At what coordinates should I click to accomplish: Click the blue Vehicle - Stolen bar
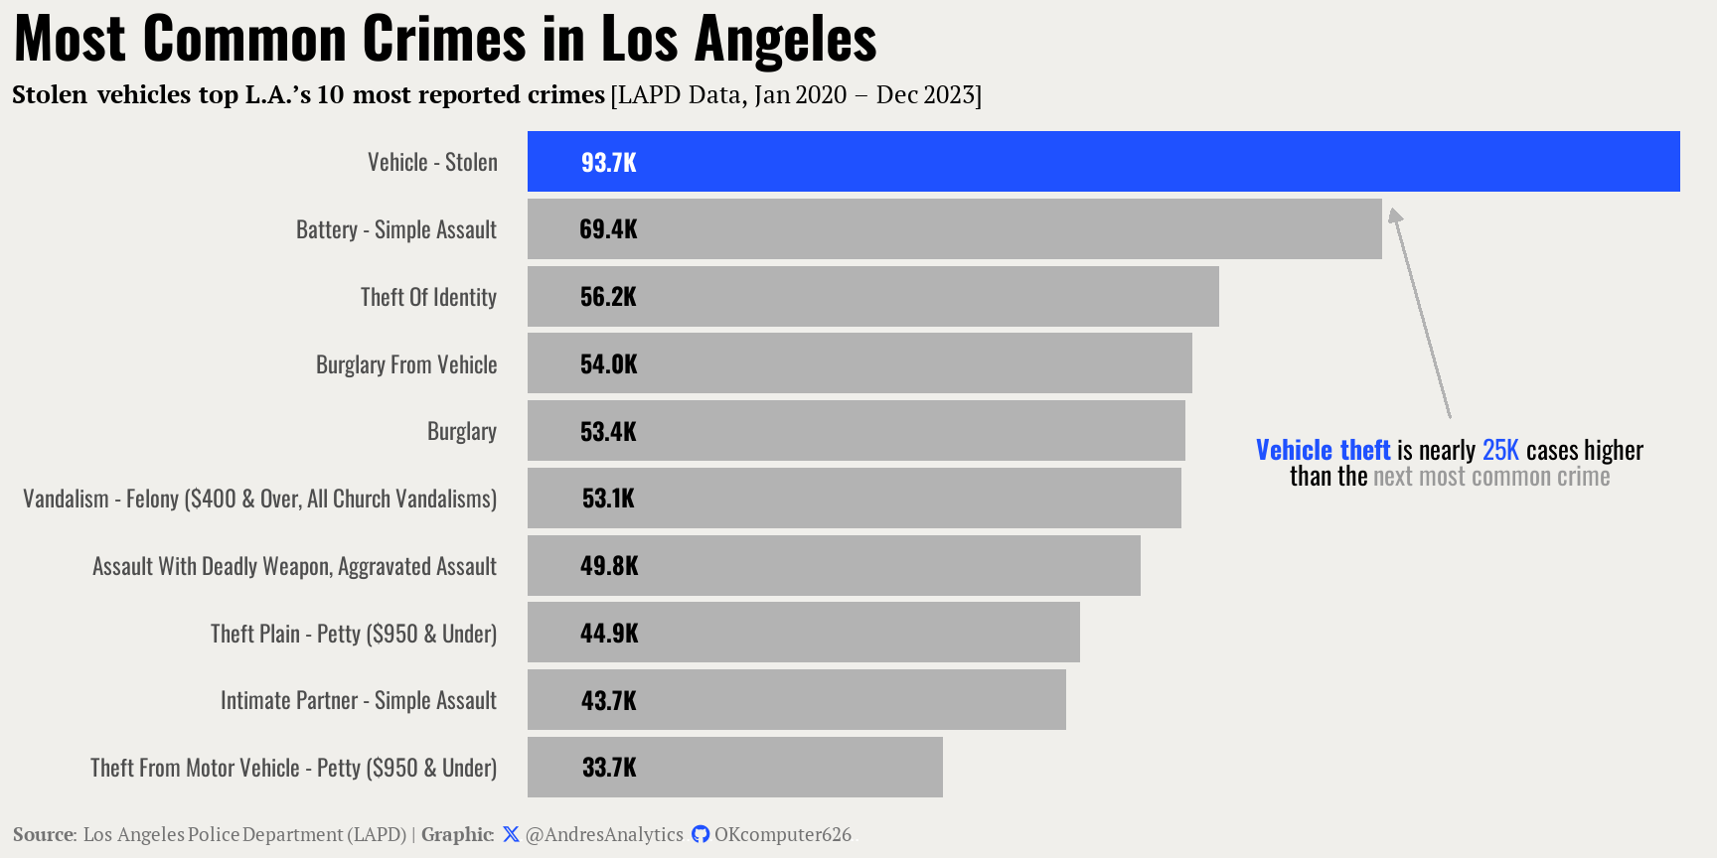(1103, 161)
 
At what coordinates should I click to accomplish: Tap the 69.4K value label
(608, 229)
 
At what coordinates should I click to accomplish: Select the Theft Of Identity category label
(428, 297)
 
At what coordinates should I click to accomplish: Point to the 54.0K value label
(608, 364)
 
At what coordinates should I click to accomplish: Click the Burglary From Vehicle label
(406, 364)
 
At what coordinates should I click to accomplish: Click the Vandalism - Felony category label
(259, 499)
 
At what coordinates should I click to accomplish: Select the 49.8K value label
(609, 566)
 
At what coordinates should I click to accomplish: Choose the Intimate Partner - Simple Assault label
(358, 700)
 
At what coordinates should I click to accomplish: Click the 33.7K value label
(609, 768)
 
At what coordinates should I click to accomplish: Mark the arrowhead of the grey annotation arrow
(1395, 215)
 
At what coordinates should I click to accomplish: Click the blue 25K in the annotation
(1500, 450)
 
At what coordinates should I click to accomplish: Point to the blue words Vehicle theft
(1323, 450)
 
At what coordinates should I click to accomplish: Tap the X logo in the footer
(511, 834)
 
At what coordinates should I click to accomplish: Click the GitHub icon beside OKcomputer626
(701, 834)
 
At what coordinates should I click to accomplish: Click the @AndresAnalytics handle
(604, 834)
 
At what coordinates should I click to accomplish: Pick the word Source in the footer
(43, 834)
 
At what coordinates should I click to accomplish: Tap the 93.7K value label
(608, 162)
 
